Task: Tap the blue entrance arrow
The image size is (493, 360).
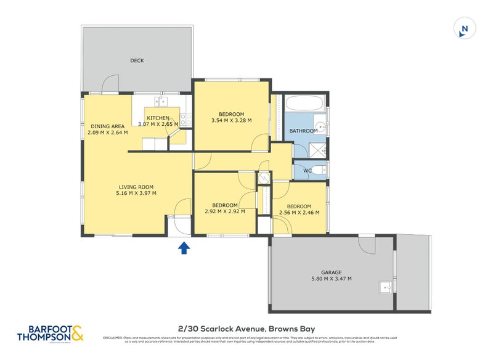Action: tap(183, 248)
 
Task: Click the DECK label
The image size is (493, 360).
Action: tap(137, 60)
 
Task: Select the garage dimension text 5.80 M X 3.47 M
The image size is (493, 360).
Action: tap(331, 279)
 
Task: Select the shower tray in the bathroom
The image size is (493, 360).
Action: tap(319, 148)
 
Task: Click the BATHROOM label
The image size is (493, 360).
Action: tap(304, 131)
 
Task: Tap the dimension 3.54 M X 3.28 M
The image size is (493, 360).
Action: tap(231, 121)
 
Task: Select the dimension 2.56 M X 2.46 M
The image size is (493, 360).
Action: tap(298, 213)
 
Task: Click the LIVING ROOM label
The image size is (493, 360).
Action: tap(136, 187)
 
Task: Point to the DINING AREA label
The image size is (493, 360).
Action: tap(107, 126)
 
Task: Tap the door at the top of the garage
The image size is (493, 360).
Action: tap(367, 245)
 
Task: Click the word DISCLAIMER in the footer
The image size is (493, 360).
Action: tap(113, 338)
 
